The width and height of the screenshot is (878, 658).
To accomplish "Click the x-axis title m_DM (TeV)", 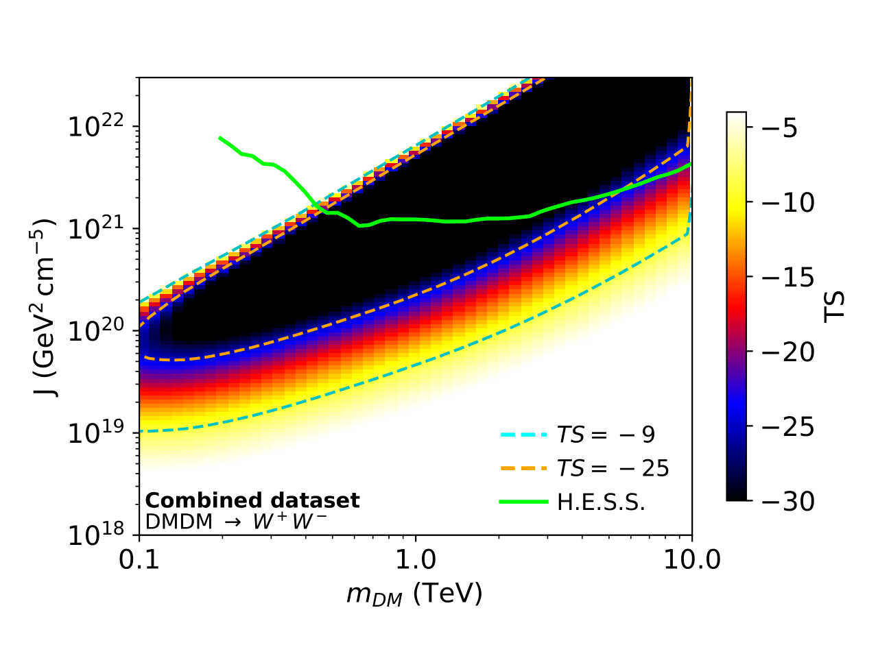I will [414, 594].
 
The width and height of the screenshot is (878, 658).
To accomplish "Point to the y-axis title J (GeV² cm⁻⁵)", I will [47, 308].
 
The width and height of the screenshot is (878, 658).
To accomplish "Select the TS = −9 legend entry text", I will [606, 435].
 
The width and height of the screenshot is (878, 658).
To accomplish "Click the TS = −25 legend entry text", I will [613, 468].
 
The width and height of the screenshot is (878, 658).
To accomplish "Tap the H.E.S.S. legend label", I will [601, 502].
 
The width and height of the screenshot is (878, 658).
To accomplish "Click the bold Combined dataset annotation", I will [252, 500].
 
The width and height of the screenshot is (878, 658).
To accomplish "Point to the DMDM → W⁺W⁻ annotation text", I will [236, 522].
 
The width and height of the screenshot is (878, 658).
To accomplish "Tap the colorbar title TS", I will [834, 306].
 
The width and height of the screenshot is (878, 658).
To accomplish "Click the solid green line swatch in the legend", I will [523, 502].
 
